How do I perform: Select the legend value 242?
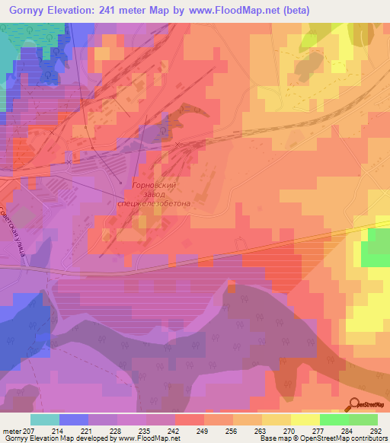coord(174,430)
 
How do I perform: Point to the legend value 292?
coord(376,430)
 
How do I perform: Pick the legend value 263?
coord(261,430)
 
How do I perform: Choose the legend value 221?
coord(87,430)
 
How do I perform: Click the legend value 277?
coord(318,430)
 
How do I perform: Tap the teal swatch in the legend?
coord(45,419)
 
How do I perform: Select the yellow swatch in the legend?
coord(305,419)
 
